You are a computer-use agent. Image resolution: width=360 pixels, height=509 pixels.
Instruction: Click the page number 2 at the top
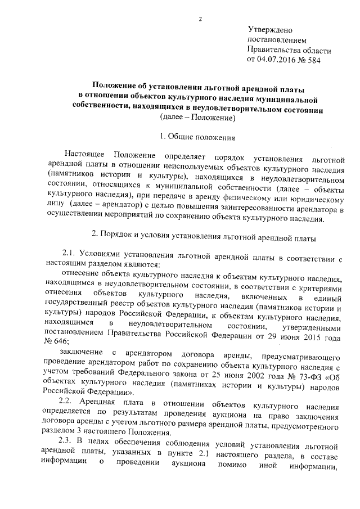[200, 21]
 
